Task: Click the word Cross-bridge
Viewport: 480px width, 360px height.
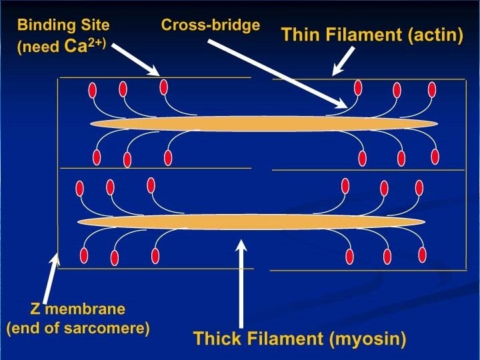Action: tap(211, 26)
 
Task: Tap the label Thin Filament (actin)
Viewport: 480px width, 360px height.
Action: tap(372, 35)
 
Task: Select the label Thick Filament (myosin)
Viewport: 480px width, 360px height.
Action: tap(299, 339)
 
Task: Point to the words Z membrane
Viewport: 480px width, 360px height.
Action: tap(77, 309)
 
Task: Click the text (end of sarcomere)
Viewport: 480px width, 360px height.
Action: tap(77, 329)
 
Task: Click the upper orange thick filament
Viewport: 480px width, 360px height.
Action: tap(263, 124)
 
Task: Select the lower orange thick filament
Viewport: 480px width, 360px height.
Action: tap(251, 221)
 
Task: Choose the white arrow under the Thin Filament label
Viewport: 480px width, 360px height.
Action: tap(342, 61)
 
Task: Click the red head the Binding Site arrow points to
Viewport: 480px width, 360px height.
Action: tap(163, 87)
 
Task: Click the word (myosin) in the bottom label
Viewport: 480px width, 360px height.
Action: tap(367, 339)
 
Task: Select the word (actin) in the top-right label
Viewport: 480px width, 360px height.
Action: tap(435, 35)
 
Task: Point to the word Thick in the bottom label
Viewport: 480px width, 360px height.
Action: tap(215, 339)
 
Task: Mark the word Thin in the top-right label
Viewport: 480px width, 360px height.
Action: tap(299, 35)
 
